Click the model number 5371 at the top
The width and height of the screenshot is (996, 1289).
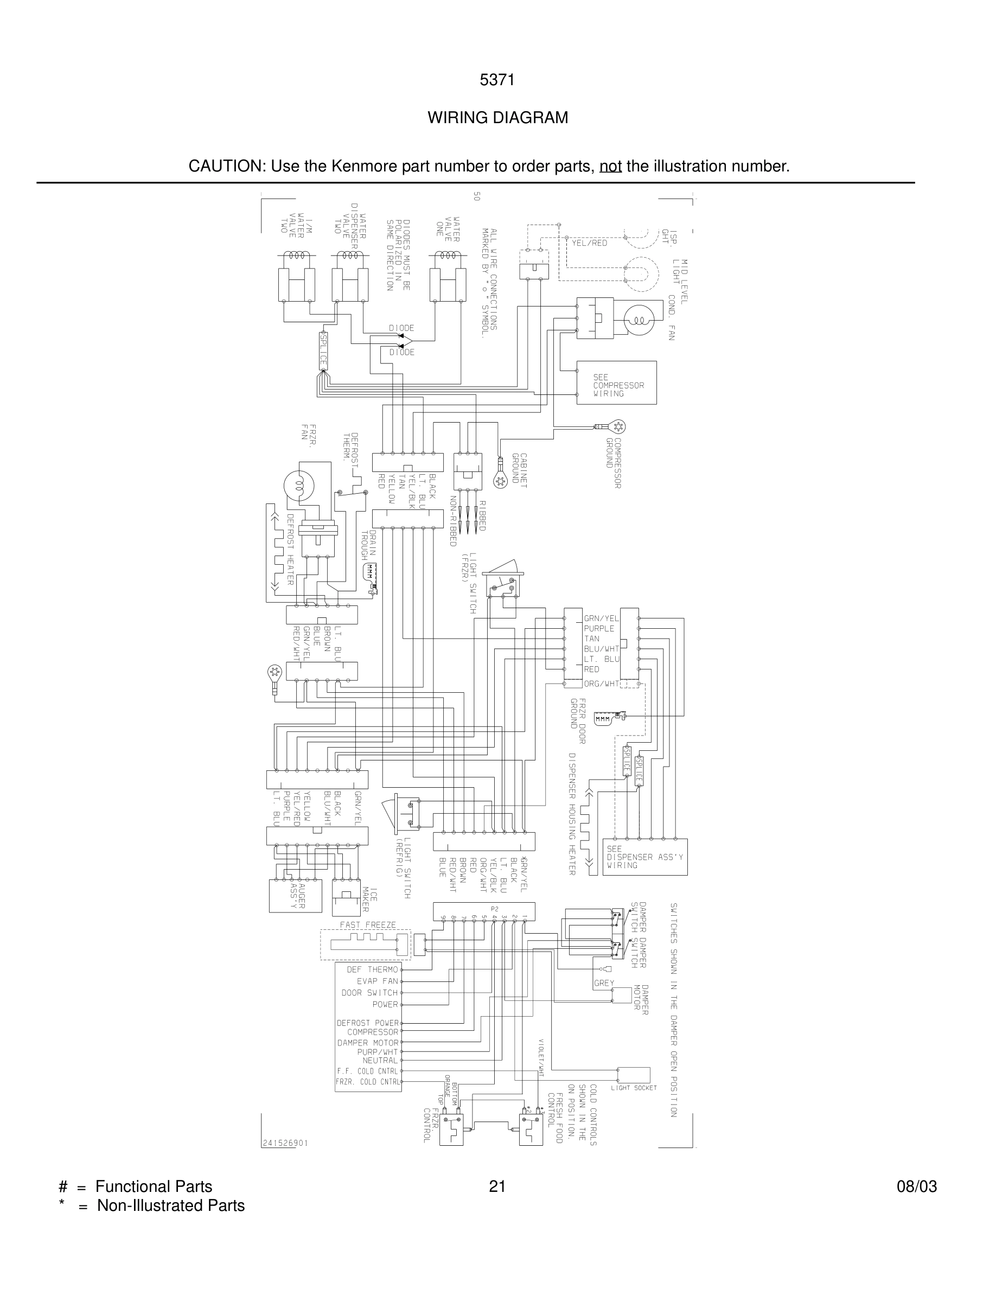pos(497,80)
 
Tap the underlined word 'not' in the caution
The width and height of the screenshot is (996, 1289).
pos(610,167)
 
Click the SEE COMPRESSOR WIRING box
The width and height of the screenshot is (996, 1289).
pos(616,383)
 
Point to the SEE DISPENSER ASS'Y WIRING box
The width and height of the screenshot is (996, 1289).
pos(644,857)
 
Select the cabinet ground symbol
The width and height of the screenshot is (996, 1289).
pos(500,481)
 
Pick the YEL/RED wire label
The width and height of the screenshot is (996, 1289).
pos(590,243)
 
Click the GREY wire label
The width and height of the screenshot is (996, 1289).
pos(604,982)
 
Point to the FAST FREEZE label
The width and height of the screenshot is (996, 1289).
pos(368,924)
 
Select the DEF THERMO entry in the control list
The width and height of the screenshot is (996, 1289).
pos(372,969)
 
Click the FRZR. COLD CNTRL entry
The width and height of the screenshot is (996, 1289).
pos(368,1082)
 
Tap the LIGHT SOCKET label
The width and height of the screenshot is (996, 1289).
pos(634,1088)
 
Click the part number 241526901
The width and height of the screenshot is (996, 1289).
pos(284,1143)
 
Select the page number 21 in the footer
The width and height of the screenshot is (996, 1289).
pos(497,1186)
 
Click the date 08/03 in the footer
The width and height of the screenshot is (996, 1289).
pos(916,1186)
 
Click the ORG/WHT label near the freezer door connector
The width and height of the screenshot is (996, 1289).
pos(601,684)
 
